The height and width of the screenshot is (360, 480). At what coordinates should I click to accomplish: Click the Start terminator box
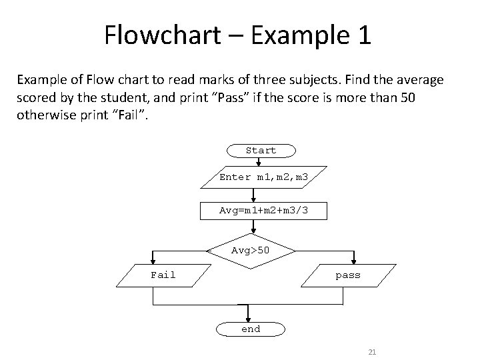click(x=261, y=151)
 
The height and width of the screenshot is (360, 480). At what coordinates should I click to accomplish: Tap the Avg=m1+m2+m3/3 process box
click(x=263, y=211)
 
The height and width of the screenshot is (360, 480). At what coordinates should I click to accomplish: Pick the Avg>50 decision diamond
click(x=251, y=251)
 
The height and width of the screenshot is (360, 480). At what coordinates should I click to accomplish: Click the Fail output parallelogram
click(x=163, y=275)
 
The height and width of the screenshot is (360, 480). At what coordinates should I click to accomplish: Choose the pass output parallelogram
click(x=347, y=275)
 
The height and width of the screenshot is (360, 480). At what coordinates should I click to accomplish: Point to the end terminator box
click(x=251, y=329)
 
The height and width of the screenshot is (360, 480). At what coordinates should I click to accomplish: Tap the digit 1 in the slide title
click(x=363, y=35)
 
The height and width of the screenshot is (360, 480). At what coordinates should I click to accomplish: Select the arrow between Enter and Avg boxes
click(x=253, y=195)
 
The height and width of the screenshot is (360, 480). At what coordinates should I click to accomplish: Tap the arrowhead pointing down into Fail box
click(x=154, y=262)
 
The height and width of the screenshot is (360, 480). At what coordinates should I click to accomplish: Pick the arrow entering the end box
click(x=248, y=315)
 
